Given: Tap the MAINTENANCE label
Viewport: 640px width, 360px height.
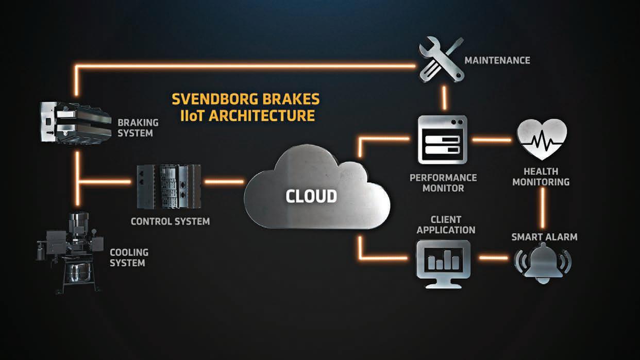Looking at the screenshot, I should (x=497, y=60).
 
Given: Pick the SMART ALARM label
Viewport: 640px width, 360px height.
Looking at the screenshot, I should (x=544, y=237).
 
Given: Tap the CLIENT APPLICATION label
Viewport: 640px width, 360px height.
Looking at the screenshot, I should (x=446, y=225).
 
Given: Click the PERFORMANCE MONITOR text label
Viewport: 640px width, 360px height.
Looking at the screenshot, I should (x=443, y=183).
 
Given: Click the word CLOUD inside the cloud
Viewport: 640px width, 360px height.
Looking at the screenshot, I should (x=311, y=196).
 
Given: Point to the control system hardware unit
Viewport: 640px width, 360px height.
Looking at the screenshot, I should (x=168, y=186).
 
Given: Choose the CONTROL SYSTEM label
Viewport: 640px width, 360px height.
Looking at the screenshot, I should (x=170, y=221).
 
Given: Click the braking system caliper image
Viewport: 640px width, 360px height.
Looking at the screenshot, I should (x=75, y=122).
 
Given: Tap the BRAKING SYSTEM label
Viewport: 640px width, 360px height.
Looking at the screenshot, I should (x=138, y=128).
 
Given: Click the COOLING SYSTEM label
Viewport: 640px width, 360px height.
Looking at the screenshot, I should (x=129, y=258).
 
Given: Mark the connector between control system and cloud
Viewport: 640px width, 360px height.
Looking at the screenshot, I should (x=224, y=181).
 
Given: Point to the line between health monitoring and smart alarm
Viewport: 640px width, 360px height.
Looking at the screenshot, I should (x=543, y=208).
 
